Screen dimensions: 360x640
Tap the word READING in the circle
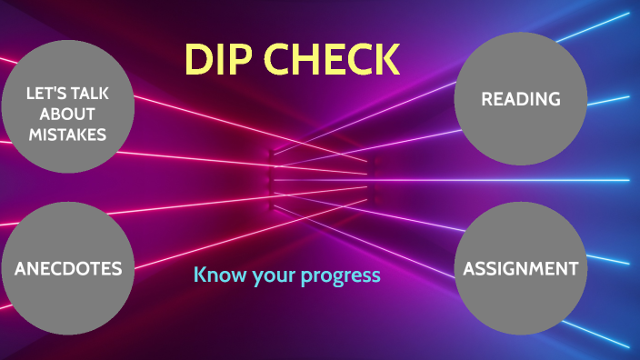(521, 99)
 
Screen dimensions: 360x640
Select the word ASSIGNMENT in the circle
(520, 268)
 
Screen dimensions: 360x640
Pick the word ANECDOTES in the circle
(68, 268)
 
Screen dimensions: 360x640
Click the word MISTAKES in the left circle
(67, 135)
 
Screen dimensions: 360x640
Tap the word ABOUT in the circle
(67, 114)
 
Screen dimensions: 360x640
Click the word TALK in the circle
(91, 93)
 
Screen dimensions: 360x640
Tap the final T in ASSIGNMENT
(573, 268)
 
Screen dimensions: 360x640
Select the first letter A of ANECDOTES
(21, 268)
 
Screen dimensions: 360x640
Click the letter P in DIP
(235, 59)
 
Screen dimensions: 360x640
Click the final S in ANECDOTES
(116, 268)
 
